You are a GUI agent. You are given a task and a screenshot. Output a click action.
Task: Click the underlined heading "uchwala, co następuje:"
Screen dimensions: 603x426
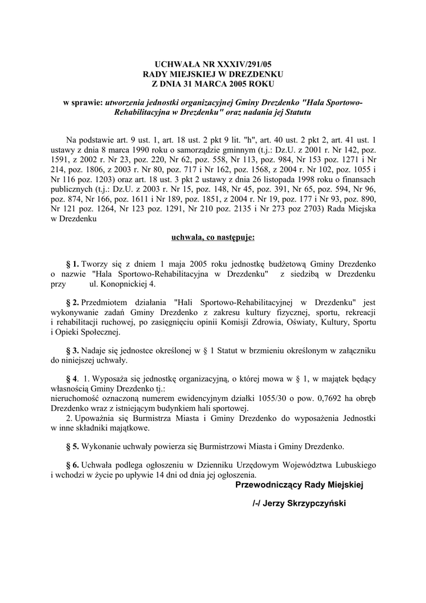[212, 238]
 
